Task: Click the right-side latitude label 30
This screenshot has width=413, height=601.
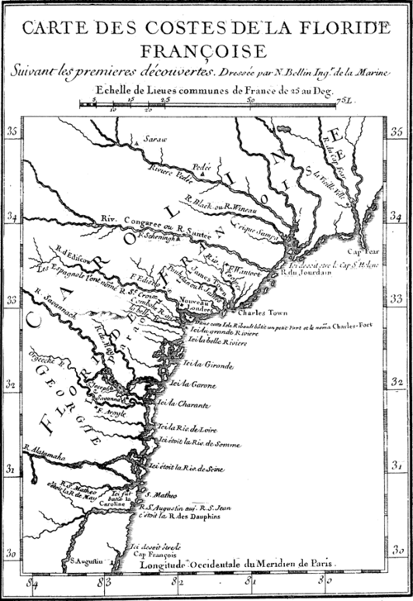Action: point(397,551)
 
